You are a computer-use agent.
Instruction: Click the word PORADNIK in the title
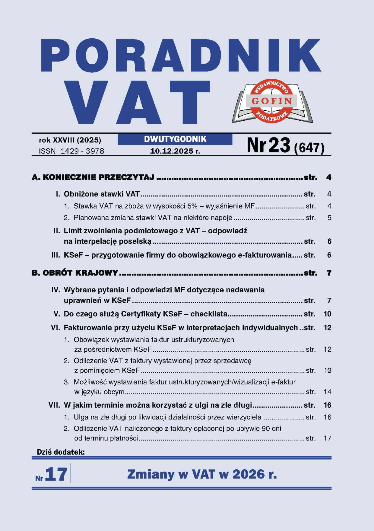click(x=181, y=55)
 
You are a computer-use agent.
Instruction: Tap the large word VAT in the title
click(x=138, y=102)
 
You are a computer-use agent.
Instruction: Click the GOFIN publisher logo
click(x=272, y=101)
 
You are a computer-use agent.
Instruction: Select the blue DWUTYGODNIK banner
click(x=175, y=139)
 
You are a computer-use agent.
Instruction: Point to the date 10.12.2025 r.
click(x=175, y=151)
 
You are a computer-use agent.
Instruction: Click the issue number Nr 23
click(x=269, y=145)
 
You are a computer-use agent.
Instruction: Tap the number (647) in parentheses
click(x=309, y=147)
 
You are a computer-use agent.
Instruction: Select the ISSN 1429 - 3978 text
click(x=71, y=151)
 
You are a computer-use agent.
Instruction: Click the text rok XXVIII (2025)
click(x=70, y=140)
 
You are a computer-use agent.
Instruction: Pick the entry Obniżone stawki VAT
click(x=102, y=194)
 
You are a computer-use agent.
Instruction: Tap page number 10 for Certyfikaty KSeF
click(x=327, y=314)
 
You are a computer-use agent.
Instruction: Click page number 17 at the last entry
click(x=327, y=438)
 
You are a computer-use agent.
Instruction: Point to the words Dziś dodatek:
click(x=61, y=452)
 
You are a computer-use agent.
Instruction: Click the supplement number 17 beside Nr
click(x=56, y=474)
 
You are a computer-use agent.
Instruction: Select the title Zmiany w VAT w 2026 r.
click(x=202, y=474)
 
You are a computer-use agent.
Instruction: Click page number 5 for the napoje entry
click(x=329, y=218)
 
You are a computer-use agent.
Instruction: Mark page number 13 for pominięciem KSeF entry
click(x=327, y=370)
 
